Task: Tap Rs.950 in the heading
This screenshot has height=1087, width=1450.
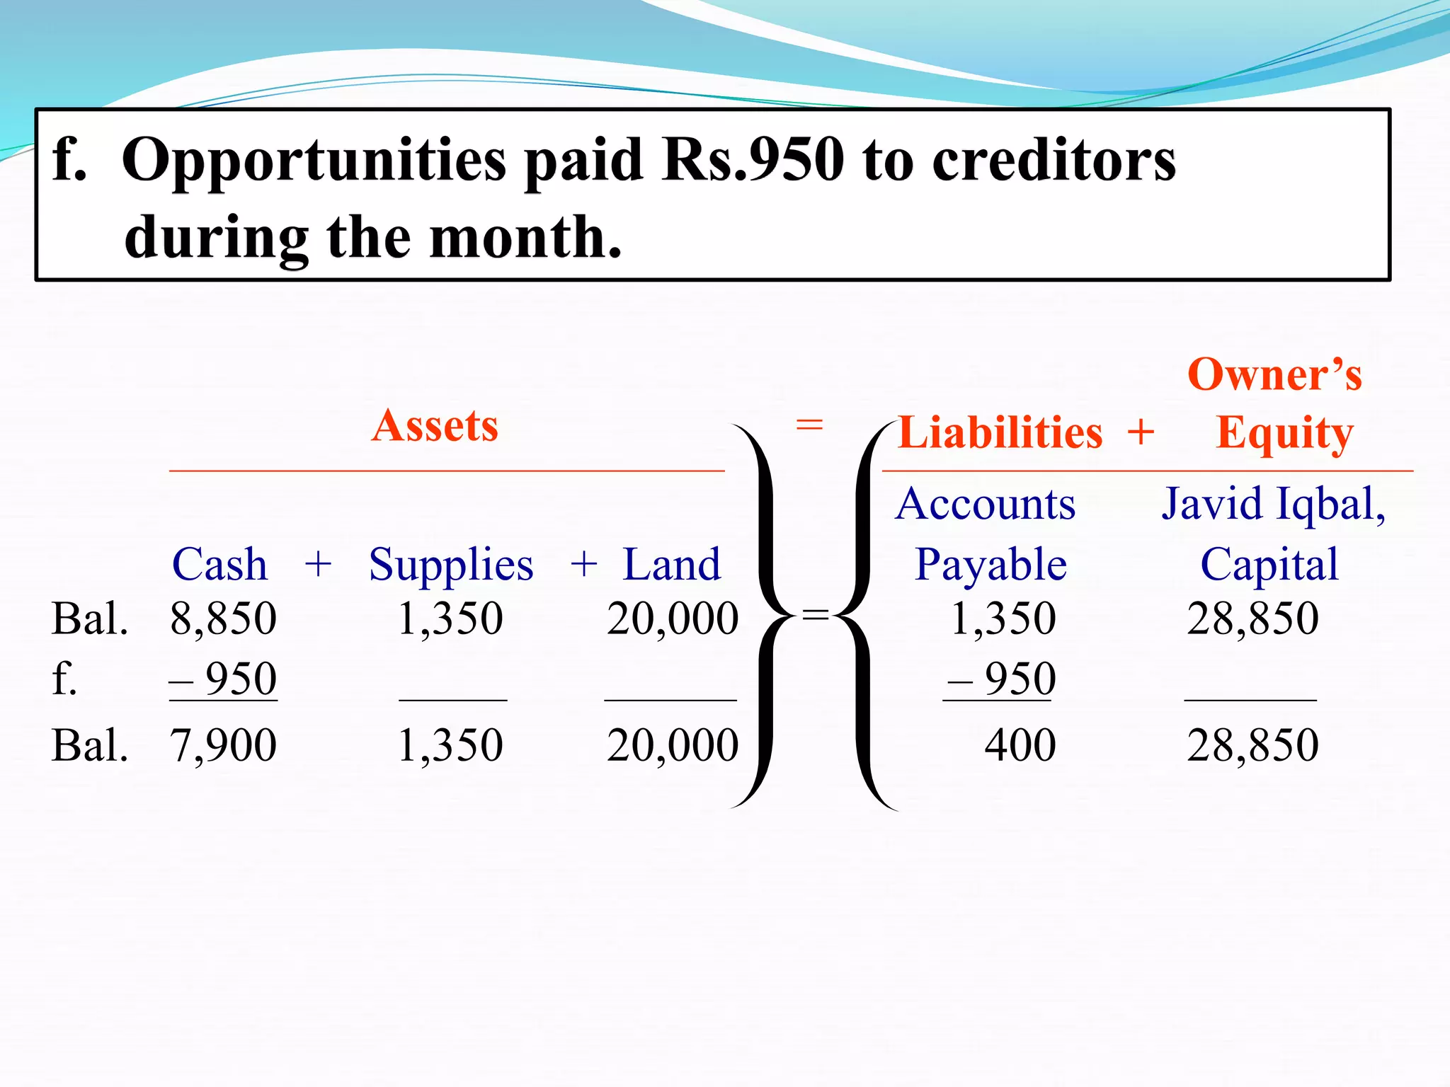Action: (x=752, y=160)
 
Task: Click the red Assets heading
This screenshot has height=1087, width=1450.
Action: (x=435, y=426)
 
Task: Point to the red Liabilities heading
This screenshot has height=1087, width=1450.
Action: (x=1000, y=432)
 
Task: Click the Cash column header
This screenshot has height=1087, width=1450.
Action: (x=219, y=565)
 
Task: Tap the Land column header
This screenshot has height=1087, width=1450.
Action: (x=671, y=565)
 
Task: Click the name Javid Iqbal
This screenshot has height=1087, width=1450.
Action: (x=1273, y=505)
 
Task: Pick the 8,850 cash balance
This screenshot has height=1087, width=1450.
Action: (x=223, y=619)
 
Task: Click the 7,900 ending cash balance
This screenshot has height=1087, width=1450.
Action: (x=223, y=745)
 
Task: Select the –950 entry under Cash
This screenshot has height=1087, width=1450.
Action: (x=224, y=679)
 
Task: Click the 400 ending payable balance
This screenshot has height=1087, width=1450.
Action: (x=1020, y=745)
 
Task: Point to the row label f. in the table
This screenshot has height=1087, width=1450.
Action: (x=64, y=679)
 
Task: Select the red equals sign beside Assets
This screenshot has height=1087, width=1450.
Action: (x=809, y=425)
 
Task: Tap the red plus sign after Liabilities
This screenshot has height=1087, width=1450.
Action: (x=1141, y=432)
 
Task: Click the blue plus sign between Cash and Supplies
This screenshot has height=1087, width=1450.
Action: (x=318, y=565)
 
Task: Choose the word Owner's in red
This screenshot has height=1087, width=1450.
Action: (x=1274, y=374)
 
